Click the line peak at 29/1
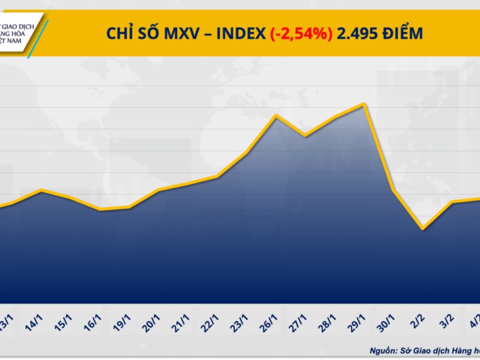[364, 104]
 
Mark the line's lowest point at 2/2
[423, 229]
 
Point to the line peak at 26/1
[275, 115]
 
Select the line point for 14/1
[41, 190]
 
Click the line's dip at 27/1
[305, 136]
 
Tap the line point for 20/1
[158, 190]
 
